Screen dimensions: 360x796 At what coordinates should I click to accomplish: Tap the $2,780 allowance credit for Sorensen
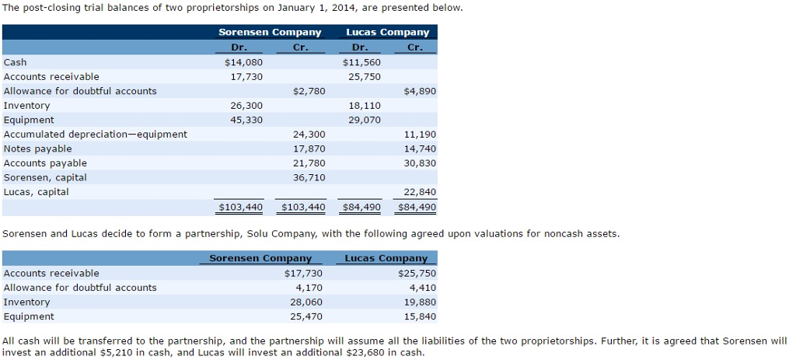pyautogui.click(x=309, y=91)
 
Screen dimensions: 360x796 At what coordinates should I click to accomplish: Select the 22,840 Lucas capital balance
pyautogui.click(x=421, y=192)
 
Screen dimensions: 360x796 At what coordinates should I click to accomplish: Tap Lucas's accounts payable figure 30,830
pyautogui.click(x=421, y=163)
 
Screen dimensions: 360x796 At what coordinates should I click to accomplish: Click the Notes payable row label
pyautogui.click(x=37, y=149)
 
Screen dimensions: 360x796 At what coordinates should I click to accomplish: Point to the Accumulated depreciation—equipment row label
pyautogui.click(x=95, y=135)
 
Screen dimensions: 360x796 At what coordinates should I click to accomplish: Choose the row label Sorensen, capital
pyautogui.click(x=45, y=177)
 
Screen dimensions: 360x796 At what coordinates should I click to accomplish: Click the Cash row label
pyautogui.click(x=15, y=62)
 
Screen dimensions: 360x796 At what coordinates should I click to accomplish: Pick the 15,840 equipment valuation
pyautogui.click(x=421, y=316)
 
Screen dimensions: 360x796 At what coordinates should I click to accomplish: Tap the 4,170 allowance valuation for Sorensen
pyautogui.click(x=309, y=288)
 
